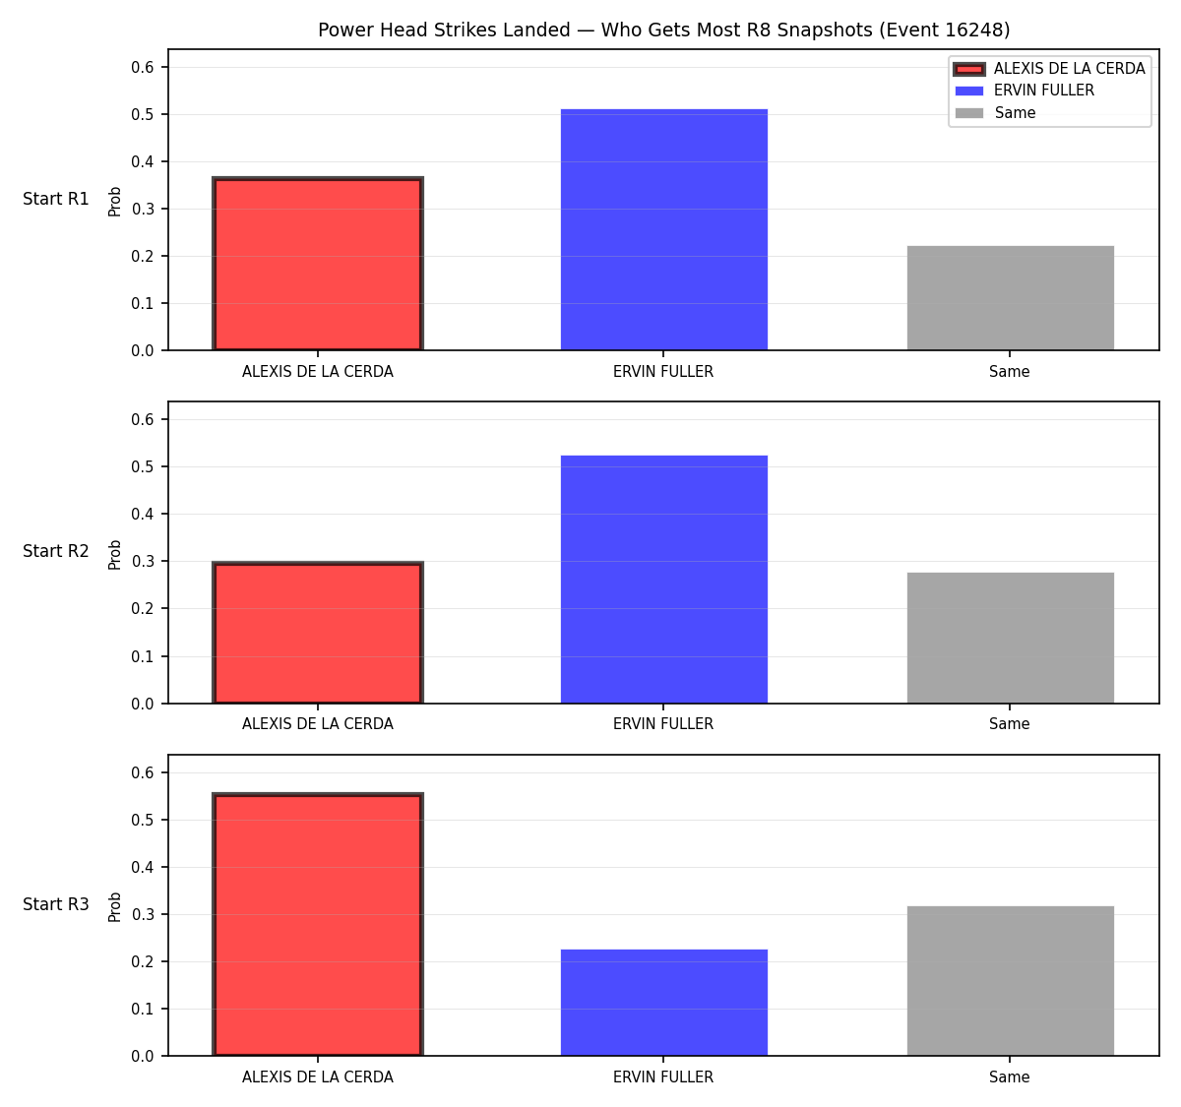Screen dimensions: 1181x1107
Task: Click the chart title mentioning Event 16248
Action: (663, 30)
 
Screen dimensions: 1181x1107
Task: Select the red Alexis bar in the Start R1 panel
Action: (318, 264)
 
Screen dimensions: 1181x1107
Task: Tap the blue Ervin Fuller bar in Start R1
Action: (663, 229)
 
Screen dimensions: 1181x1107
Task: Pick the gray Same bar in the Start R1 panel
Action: (1010, 298)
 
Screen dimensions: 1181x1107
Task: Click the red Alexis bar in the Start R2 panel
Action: (318, 633)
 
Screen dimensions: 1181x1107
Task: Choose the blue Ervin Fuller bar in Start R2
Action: (663, 580)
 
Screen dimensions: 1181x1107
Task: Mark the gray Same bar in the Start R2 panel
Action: (1010, 638)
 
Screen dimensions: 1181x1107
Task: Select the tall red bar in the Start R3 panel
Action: (318, 924)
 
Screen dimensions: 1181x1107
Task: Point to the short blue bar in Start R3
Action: (663, 1003)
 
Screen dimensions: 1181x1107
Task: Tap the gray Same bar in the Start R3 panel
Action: (1010, 981)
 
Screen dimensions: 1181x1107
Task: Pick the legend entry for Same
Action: (995, 113)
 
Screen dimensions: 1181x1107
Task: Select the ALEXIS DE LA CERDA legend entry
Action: (1049, 69)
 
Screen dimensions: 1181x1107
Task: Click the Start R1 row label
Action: (56, 199)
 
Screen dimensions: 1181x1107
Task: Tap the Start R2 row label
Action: (56, 551)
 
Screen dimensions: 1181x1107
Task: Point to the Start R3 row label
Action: (56, 904)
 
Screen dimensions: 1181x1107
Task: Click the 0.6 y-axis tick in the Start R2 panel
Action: (142, 420)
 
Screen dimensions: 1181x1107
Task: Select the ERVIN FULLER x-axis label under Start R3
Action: (663, 1076)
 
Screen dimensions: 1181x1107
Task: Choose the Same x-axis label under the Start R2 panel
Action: (1009, 724)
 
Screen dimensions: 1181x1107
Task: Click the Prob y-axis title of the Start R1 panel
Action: (114, 202)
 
